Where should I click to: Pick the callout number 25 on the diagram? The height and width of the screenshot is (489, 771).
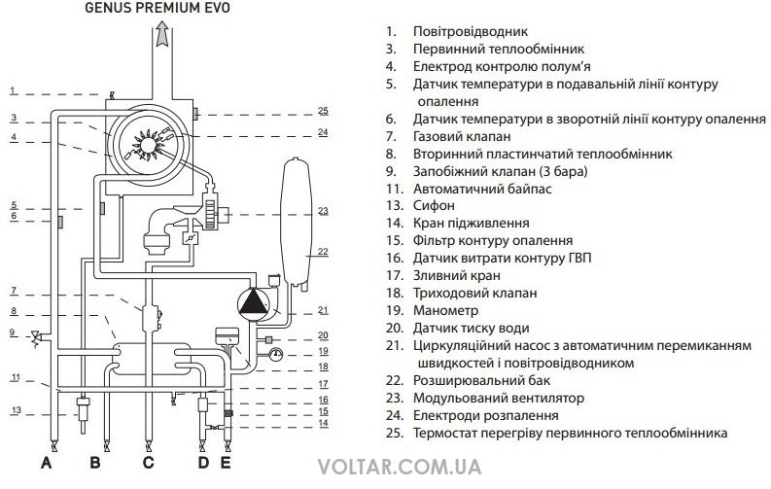pos(323,111)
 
